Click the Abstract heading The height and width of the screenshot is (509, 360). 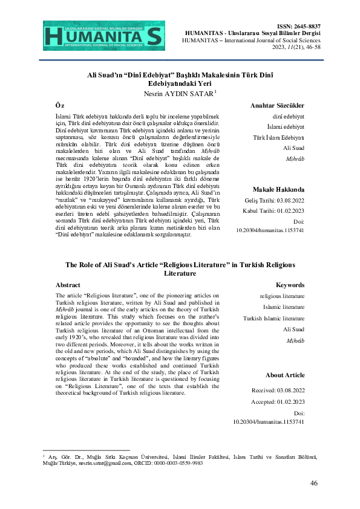click(68, 285)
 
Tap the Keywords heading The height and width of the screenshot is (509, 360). click(290, 285)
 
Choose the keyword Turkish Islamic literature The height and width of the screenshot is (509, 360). click(273, 318)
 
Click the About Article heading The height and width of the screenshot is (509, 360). click(284, 375)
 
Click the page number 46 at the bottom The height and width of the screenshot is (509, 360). click(313, 482)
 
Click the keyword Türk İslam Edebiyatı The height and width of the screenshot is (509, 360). click(278, 137)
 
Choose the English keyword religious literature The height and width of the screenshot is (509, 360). click(282, 296)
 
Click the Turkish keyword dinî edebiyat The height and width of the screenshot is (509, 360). click(288, 115)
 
